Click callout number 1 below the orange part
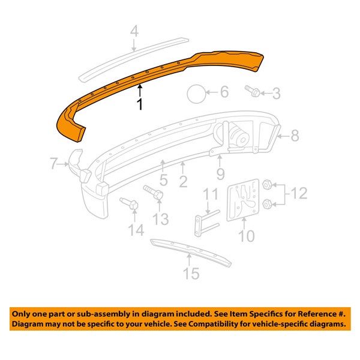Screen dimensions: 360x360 [x=139, y=104]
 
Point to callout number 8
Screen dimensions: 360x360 [x=295, y=137]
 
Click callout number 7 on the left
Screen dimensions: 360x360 [x=53, y=163]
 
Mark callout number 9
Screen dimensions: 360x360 [x=220, y=175]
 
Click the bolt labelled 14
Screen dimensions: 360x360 [x=129, y=205]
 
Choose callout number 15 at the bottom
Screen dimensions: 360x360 [x=191, y=274]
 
